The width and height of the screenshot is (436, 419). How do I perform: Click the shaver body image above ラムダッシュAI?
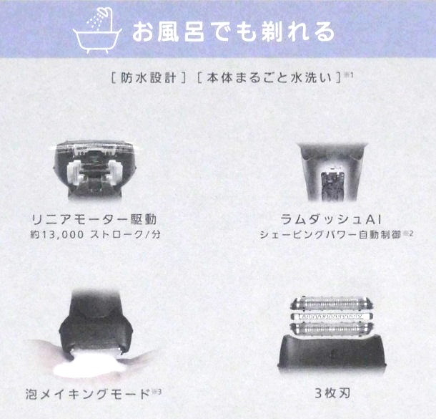[332, 172]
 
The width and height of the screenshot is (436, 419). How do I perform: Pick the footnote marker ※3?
[158, 390]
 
